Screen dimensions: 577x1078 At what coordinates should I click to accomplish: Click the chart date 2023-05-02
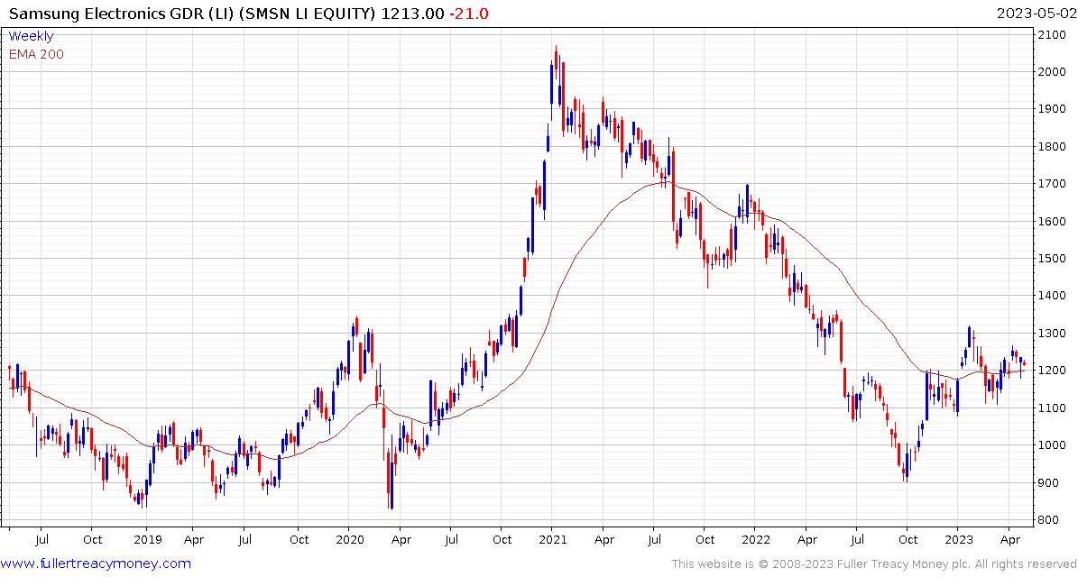[1035, 14]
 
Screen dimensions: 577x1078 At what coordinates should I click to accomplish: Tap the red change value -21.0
[468, 14]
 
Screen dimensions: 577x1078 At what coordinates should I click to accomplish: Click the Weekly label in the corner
[31, 36]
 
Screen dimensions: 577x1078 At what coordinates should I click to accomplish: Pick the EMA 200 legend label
[36, 54]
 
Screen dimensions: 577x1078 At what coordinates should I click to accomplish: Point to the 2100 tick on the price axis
[1054, 34]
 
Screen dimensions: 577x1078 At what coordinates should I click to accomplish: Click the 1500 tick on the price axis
[1054, 259]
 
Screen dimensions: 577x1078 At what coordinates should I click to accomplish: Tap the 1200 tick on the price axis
[1054, 371]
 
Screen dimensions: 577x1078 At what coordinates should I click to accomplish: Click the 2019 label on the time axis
[146, 539]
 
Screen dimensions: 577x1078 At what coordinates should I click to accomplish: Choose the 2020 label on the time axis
[349, 539]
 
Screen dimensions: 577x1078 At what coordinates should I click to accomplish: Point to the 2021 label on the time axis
[552, 539]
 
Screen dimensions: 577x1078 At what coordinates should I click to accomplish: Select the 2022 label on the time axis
[755, 539]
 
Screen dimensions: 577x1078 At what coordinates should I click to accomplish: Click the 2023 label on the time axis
[958, 539]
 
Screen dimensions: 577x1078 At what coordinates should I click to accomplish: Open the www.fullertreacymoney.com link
[97, 563]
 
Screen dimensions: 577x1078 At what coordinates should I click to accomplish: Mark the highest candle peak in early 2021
[556, 47]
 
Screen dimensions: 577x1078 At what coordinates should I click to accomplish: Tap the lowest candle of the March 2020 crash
[391, 508]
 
